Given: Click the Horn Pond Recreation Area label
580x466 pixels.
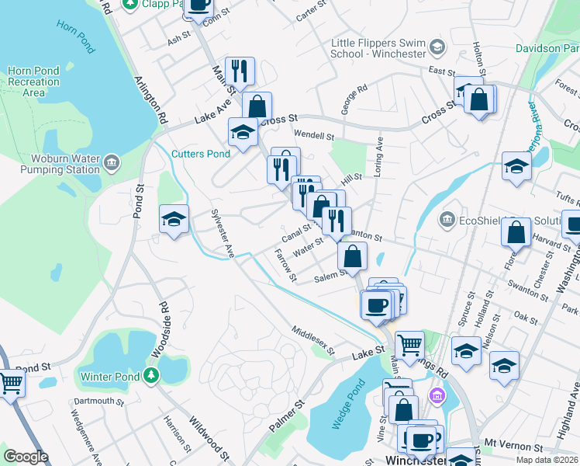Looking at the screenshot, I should [33, 82].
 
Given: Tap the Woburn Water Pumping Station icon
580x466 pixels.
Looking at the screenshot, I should [112, 163].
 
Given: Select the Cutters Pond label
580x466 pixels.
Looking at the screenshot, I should [201, 154].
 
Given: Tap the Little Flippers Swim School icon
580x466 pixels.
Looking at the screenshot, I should [437, 48].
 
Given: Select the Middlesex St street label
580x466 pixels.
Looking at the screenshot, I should [313, 340].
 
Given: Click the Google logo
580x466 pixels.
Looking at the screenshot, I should [26, 457].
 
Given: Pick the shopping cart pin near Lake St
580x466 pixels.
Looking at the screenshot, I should [409, 343].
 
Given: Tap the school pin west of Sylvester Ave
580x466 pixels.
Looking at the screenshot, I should [174, 219].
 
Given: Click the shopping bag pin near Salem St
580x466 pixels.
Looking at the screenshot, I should [352, 256].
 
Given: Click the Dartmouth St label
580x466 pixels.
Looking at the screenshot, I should [98, 402].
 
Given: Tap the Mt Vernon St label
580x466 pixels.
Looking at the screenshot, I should [514, 448].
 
